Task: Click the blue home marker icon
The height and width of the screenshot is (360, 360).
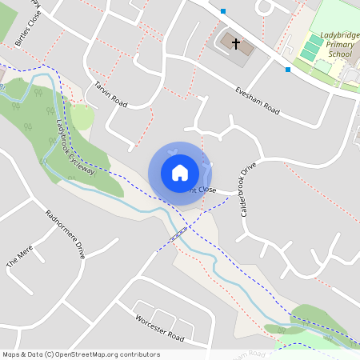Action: pos(180,172)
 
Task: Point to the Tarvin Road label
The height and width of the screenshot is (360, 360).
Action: pos(110,94)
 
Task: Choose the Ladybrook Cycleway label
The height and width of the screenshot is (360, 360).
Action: pos(75,147)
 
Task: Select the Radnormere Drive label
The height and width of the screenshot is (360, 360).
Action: pos(66,234)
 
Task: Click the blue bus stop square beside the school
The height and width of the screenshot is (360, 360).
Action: pos(288,70)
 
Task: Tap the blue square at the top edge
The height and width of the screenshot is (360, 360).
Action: pos(223,11)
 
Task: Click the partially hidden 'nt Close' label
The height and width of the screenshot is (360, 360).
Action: pos(202,190)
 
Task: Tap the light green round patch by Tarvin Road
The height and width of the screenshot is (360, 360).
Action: pos(82,118)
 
